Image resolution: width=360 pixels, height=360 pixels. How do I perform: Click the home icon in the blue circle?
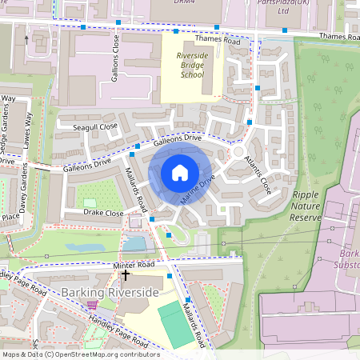[180, 173]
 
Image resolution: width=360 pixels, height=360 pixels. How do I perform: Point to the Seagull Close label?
[95, 126]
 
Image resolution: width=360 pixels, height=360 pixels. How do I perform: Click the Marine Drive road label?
[197, 191]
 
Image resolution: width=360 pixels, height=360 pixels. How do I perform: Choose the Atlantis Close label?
[258, 174]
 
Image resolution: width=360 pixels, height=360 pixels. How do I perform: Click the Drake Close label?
[103, 214]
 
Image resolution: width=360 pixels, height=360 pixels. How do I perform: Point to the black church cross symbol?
[126, 275]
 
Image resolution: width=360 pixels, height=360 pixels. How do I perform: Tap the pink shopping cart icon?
[92, 305]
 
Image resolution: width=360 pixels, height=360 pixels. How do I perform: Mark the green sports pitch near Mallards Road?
[175, 323]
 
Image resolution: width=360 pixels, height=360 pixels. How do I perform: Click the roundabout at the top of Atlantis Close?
[238, 150]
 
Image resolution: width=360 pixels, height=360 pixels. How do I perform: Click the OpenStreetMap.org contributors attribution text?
[109, 354]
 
